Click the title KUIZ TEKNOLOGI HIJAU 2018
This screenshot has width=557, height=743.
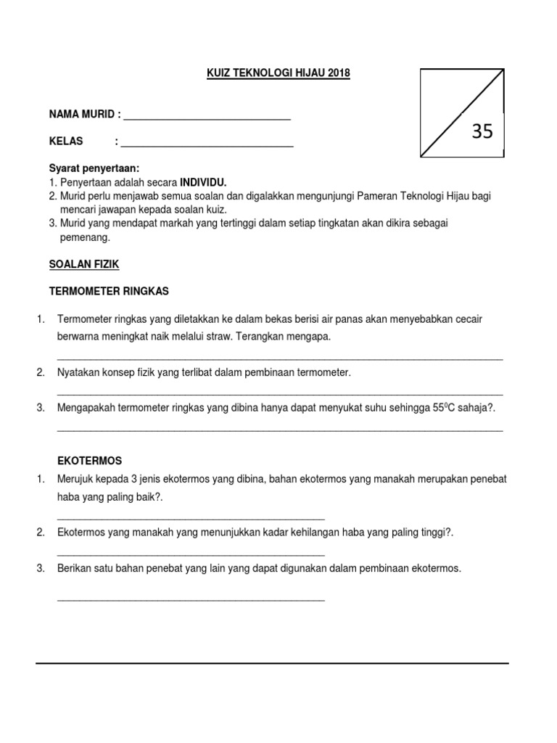(x=278, y=73)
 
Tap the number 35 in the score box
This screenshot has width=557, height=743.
(x=482, y=131)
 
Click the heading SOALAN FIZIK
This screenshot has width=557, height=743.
(x=83, y=265)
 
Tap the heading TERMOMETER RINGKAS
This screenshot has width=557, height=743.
(x=109, y=291)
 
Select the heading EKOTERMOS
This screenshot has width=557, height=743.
(x=89, y=461)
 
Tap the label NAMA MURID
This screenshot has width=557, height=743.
(x=81, y=115)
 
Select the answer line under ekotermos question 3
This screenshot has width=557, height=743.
(x=191, y=600)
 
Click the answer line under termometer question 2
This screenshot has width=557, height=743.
(x=279, y=394)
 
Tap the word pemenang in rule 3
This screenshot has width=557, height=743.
(x=84, y=237)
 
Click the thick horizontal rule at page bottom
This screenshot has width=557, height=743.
(x=273, y=663)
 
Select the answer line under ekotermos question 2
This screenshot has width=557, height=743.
(x=191, y=554)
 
